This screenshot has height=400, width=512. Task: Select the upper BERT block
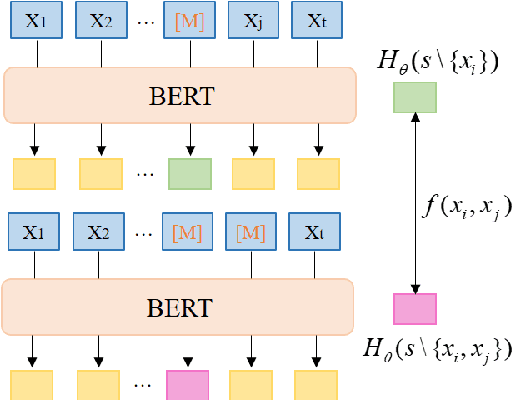180,96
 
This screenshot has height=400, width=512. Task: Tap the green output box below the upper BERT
187,174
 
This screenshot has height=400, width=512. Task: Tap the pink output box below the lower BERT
187,385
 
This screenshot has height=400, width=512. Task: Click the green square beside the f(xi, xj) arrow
413,96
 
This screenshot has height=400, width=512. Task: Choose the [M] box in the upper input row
187,20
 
